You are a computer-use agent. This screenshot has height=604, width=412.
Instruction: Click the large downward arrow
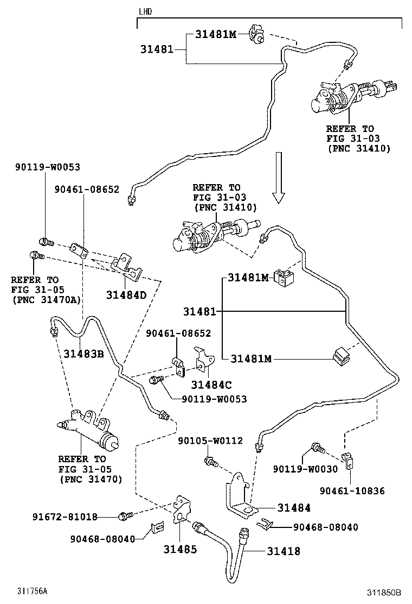tap(278, 177)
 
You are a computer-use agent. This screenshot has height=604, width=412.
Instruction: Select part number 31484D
tap(126, 295)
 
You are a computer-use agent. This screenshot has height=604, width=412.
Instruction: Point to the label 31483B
tap(83, 353)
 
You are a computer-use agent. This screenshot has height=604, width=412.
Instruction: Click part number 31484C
tap(211, 385)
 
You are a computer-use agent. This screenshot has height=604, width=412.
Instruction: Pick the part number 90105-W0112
tap(210, 441)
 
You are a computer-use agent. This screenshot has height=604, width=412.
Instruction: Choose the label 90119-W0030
tap(305, 469)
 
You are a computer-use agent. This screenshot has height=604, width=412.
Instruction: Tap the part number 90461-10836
tap(352, 490)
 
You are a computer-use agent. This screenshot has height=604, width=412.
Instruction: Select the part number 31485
tap(180, 549)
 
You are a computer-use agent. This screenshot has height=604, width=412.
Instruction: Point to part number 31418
tap(283, 551)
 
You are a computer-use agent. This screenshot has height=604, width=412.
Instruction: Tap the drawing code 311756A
tap(32, 591)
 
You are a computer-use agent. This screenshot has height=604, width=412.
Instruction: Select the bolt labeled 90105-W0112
tap(210, 462)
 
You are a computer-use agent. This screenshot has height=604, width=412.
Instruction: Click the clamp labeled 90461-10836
tap(345, 461)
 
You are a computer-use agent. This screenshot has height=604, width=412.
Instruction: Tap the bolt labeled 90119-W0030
tap(317, 449)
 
